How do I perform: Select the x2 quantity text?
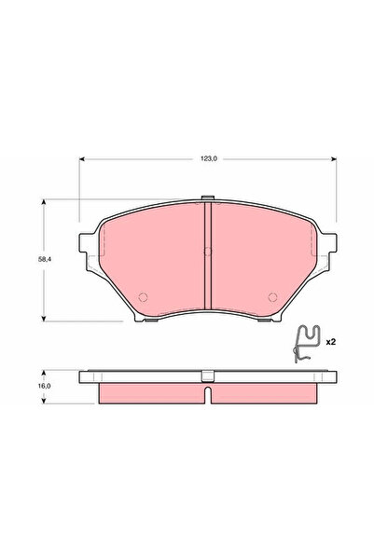(329, 342)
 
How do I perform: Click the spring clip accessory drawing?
(307, 343)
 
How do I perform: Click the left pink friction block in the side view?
(149, 393)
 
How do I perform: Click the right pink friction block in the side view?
(265, 393)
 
